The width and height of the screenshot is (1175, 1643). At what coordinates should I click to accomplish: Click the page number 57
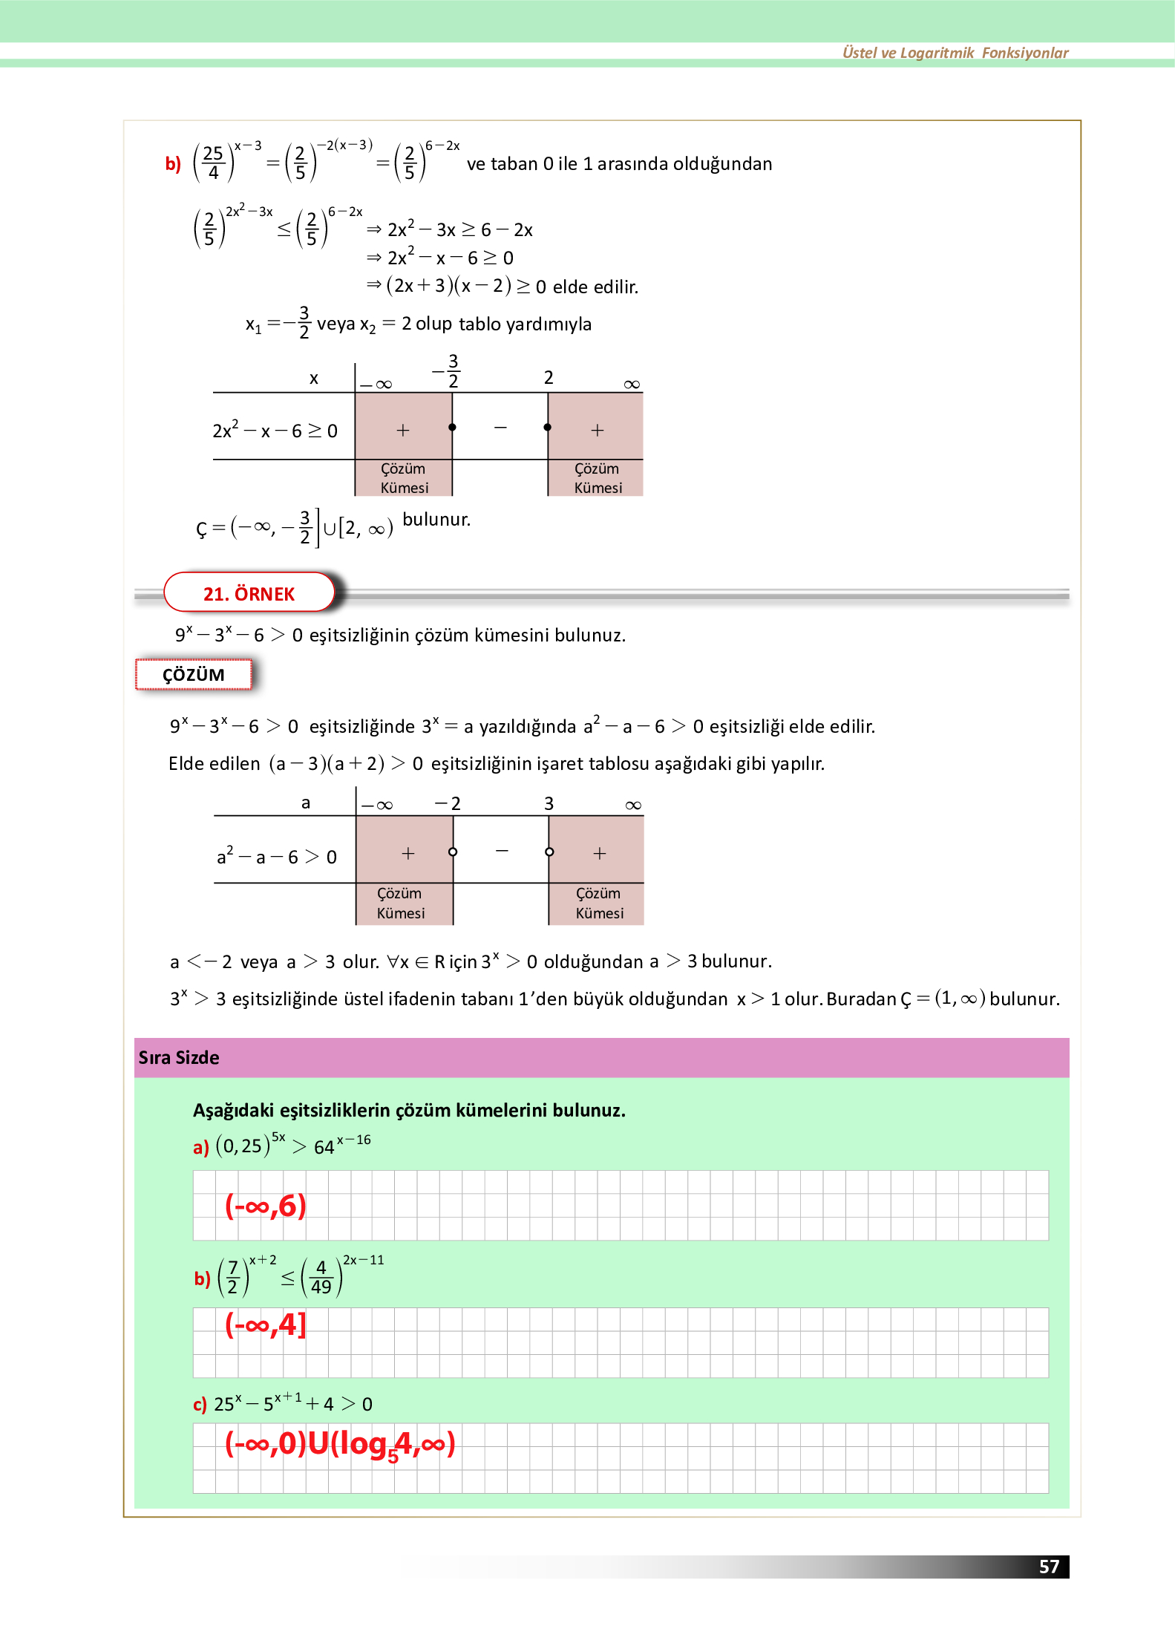tap(1048, 1566)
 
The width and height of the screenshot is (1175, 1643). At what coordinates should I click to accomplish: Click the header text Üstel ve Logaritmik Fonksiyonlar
tap(955, 53)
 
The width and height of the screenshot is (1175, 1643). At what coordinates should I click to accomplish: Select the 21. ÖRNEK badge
tap(249, 593)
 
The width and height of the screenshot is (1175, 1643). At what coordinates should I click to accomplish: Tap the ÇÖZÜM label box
tap(193, 674)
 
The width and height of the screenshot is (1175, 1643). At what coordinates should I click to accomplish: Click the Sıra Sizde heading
tap(179, 1057)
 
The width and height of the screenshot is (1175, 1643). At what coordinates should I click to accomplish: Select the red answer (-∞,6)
tap(265, 1205)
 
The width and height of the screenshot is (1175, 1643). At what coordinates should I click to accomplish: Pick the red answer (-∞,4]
tap(265, 1324)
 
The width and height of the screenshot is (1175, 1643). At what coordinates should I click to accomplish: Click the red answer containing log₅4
tap(340, 1444)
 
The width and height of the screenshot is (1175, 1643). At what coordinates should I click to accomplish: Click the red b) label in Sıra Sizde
tap(202, 1278)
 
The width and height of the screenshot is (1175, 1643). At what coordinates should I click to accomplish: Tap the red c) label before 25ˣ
tap(200, 1404)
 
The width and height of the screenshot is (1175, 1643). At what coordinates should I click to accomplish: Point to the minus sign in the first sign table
tap(500, 428)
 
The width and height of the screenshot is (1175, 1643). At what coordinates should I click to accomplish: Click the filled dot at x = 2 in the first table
tap(548, 427)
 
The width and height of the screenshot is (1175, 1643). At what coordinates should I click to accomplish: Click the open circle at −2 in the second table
tap(453, 852)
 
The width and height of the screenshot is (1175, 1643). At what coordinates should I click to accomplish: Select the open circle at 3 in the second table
tap(549, 852)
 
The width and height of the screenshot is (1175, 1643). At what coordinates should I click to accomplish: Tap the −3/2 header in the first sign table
tap(448, 370)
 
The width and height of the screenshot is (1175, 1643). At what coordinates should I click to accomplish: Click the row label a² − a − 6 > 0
tap(276, 857)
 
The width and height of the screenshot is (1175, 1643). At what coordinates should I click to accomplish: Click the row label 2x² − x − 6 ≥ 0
tap(275, 431)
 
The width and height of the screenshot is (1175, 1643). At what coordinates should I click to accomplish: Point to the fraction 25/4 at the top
tap(213, 163)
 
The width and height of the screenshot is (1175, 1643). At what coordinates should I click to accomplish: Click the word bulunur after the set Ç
tap(436, 519)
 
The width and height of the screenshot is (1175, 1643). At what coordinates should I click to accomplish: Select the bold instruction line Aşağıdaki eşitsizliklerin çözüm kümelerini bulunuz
tap(409, 1110)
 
